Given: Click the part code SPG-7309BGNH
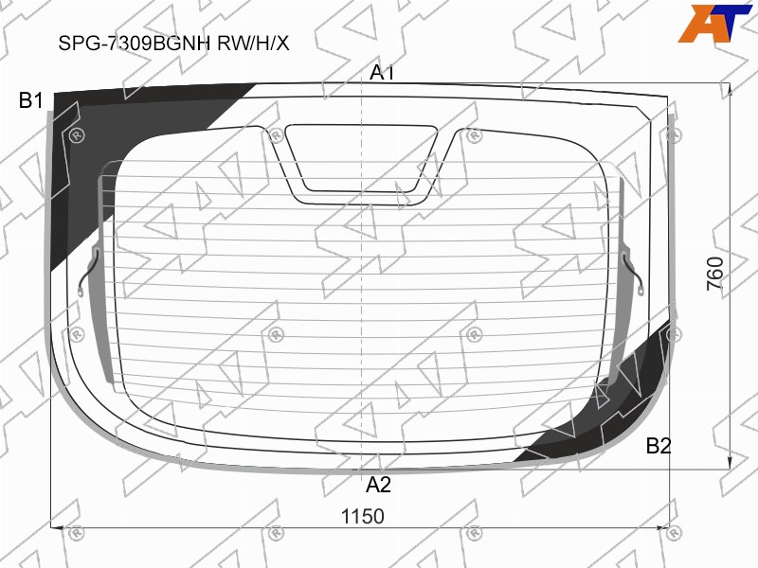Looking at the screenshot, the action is tap(135, 44).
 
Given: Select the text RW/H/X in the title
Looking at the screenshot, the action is tap(253, 44).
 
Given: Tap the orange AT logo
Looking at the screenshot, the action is tap(714, 23).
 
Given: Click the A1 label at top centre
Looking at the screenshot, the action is tap(382, 73).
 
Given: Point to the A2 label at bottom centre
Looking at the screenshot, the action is tap(378, 485).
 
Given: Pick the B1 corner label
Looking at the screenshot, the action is tap(30, 100).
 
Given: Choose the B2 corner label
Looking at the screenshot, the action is tap(659, 446).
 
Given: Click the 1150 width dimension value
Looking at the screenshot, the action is tap(363, 516).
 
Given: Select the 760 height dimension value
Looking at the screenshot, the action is tap(715, 274).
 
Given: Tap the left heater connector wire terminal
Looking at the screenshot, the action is tap(81, 292).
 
